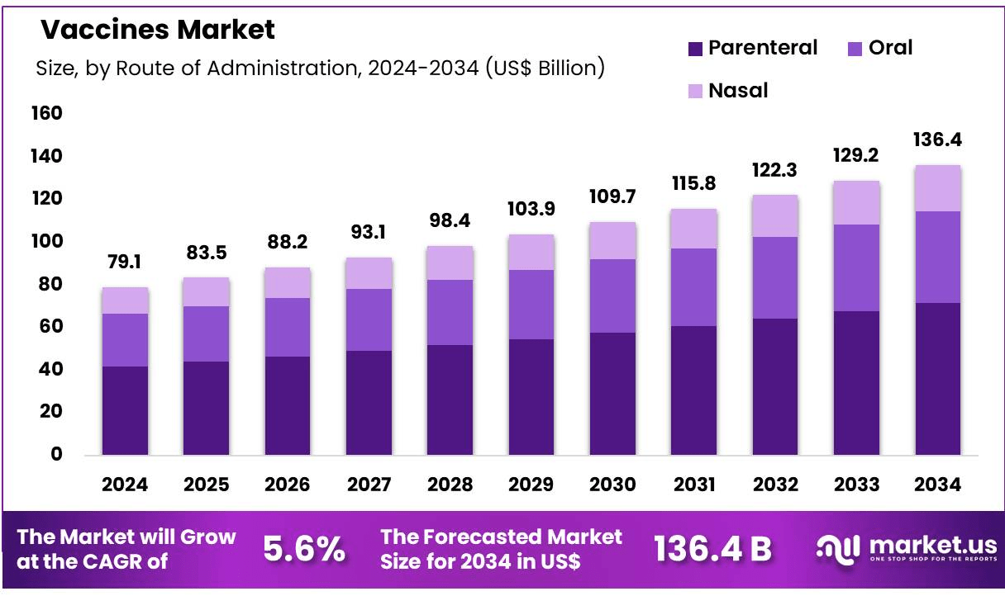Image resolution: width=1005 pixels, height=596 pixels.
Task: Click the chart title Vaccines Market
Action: (x=158, y=31)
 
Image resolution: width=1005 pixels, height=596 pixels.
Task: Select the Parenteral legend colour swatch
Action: (x=696, y=49)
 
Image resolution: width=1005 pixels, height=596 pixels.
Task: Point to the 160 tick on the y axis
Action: (x=45, y=113)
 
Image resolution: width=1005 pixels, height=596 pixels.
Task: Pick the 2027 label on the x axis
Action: (x=369, y=485)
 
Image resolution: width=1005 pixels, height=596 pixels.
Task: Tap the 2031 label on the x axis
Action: (x=693, y=485)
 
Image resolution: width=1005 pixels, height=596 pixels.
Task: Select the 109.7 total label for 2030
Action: (x=612, y=197)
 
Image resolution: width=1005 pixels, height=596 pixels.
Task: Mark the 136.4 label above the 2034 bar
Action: (x=937, y=140)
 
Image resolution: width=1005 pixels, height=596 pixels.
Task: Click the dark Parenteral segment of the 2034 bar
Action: (x=937, y=379)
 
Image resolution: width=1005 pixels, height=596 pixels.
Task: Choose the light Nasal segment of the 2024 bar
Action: (x=125, y=300)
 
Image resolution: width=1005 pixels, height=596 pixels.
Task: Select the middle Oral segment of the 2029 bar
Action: (x=531, y=305)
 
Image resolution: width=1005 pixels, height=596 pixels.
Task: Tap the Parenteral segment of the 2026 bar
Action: (x=288, y=405)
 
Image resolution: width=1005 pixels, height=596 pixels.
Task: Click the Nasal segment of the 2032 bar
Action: (x=775, y=216)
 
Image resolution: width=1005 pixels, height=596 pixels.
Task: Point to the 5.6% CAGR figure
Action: (x=303, y=549)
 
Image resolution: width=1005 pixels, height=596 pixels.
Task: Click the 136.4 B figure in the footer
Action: (x=712, y=549)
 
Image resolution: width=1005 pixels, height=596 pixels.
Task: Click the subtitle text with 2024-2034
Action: (x=320, y=69)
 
